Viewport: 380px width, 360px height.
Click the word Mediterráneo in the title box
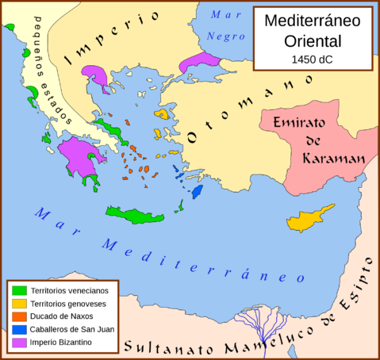click(311, 21)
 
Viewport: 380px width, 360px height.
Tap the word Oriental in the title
click(311, 40)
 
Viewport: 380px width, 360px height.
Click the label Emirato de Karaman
click(314, 140)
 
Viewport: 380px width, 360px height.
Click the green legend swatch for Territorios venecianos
click(20, 290)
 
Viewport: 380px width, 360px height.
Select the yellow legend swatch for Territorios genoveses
click(20, 304)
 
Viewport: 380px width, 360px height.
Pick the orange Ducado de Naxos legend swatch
click(20, 316)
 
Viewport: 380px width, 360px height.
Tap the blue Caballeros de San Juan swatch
click(20, 329)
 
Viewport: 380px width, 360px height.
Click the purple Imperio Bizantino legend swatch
click(20, 342)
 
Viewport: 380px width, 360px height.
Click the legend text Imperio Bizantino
click(63, 342)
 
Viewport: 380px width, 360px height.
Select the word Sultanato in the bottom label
click(163, 347)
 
